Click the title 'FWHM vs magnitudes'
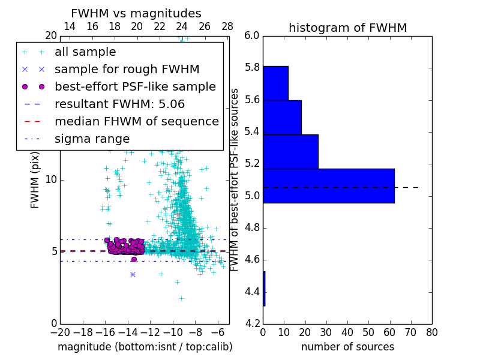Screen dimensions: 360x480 136,13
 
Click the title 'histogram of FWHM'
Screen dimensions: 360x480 347,28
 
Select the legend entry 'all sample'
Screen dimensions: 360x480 85,52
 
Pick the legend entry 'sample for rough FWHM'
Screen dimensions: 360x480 127,69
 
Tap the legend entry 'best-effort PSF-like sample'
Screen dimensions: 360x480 135,86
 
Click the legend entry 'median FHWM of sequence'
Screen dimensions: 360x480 136,121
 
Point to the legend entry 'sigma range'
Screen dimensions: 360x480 92,139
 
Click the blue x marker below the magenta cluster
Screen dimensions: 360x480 133,274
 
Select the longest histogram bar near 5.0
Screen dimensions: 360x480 328,186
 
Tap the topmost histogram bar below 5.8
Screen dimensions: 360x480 275,83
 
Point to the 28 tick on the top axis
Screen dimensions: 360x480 227,26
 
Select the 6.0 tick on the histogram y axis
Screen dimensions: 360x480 252,35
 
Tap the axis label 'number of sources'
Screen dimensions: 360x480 347,347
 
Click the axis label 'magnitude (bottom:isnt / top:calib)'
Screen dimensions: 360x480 145,347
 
